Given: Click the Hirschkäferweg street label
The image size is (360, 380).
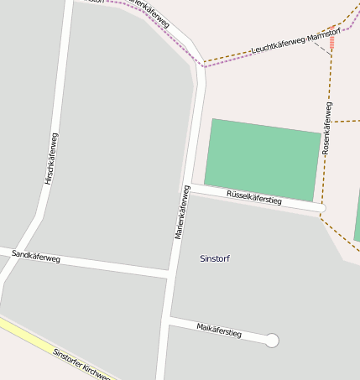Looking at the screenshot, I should [50, 159].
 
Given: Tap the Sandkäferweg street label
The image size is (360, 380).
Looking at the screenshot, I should [37, 255].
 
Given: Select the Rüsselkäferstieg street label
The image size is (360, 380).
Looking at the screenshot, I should [254, 198].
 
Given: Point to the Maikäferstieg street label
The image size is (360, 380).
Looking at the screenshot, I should [219, 330].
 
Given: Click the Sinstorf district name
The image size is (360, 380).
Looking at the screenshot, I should [215, 258].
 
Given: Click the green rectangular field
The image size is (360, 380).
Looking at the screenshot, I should [263, 159].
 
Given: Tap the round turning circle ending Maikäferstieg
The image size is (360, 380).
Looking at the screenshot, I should [271, 341].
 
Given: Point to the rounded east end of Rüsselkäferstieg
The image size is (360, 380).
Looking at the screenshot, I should [321, 207].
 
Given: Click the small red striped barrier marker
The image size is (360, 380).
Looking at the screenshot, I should [332, 42].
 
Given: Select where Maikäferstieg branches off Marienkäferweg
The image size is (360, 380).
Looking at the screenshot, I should [166, 320].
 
